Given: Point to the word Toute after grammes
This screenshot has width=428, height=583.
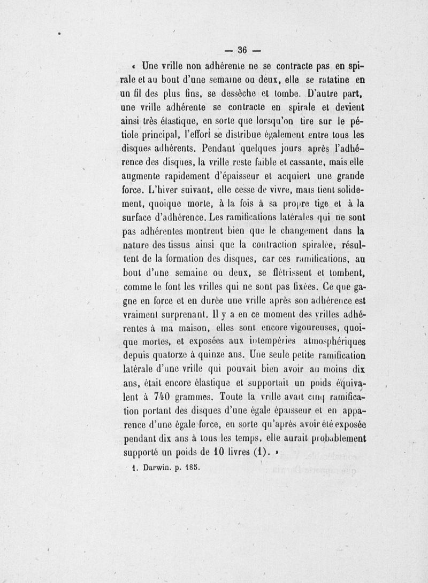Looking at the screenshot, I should point(239,398).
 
